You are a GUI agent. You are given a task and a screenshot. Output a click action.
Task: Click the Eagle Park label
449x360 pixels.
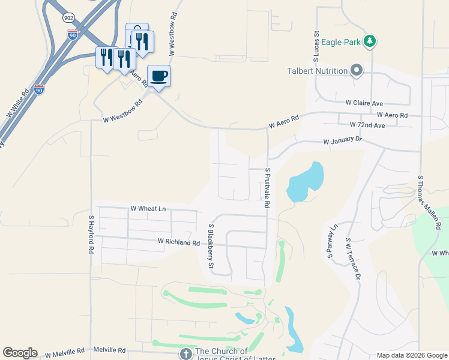pos(340,41)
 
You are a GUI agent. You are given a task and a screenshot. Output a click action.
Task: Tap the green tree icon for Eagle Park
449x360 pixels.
pos(371,41)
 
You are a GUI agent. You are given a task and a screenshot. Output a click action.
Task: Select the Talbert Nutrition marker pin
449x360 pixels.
pos(357,71)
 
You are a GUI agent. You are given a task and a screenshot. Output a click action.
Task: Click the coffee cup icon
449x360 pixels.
pos(158,76)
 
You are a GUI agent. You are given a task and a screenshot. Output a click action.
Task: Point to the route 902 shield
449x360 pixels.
pos(69,18)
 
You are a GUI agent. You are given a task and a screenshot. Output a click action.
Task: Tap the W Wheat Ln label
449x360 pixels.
pos(148,208)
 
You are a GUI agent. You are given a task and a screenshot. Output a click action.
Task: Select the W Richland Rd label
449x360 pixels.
pos(178,242)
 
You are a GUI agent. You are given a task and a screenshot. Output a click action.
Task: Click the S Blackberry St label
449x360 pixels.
pos(211,246)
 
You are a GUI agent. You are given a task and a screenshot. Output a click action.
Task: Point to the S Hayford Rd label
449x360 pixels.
pos(92,235)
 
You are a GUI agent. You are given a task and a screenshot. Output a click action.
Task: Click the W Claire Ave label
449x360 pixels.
pos(364,103)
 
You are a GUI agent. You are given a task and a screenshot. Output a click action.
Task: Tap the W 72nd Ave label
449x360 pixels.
pos(367,125)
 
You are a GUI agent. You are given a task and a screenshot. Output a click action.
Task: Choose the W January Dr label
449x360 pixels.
pos(343,142)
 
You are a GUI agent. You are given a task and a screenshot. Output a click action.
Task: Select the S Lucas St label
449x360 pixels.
pos(315,47)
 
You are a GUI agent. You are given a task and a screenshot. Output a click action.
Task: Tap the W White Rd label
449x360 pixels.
pos(18,104)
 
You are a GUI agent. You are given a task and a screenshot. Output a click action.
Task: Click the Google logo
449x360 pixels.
pos(20,353)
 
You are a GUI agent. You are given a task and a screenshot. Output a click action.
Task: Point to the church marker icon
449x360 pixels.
pos(186,352)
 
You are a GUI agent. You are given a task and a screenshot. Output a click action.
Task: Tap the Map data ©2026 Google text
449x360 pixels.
pos(411,355)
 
